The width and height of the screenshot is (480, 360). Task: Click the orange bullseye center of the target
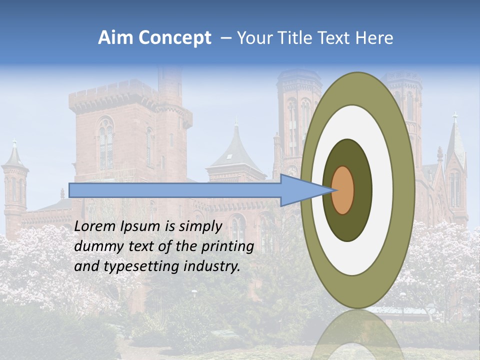(343, 190)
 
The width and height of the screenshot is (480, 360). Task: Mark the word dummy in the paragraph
(95, 246)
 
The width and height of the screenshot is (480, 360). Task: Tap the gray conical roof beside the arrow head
(235, 150)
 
